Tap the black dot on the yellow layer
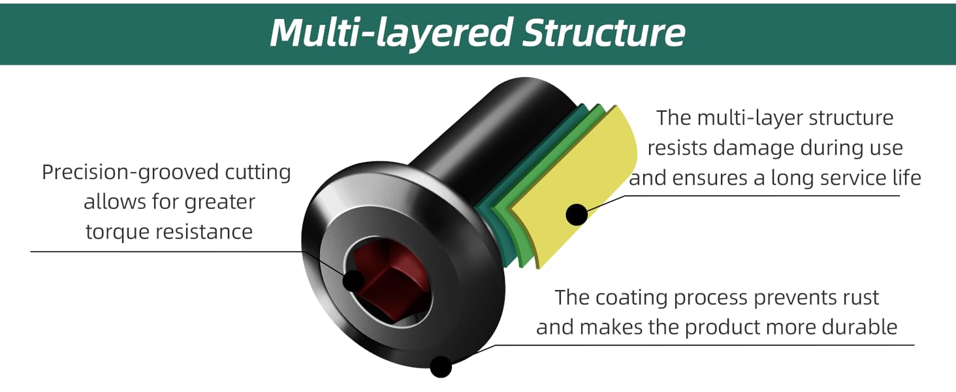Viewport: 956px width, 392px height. coord(576,214)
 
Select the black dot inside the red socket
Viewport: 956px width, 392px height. coord(353,281)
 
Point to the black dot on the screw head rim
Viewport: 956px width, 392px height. coord(441,366)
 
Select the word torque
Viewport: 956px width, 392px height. coord(118,231)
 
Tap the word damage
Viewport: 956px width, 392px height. coord(756,148)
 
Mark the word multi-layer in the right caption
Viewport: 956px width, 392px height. coord(745,118)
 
